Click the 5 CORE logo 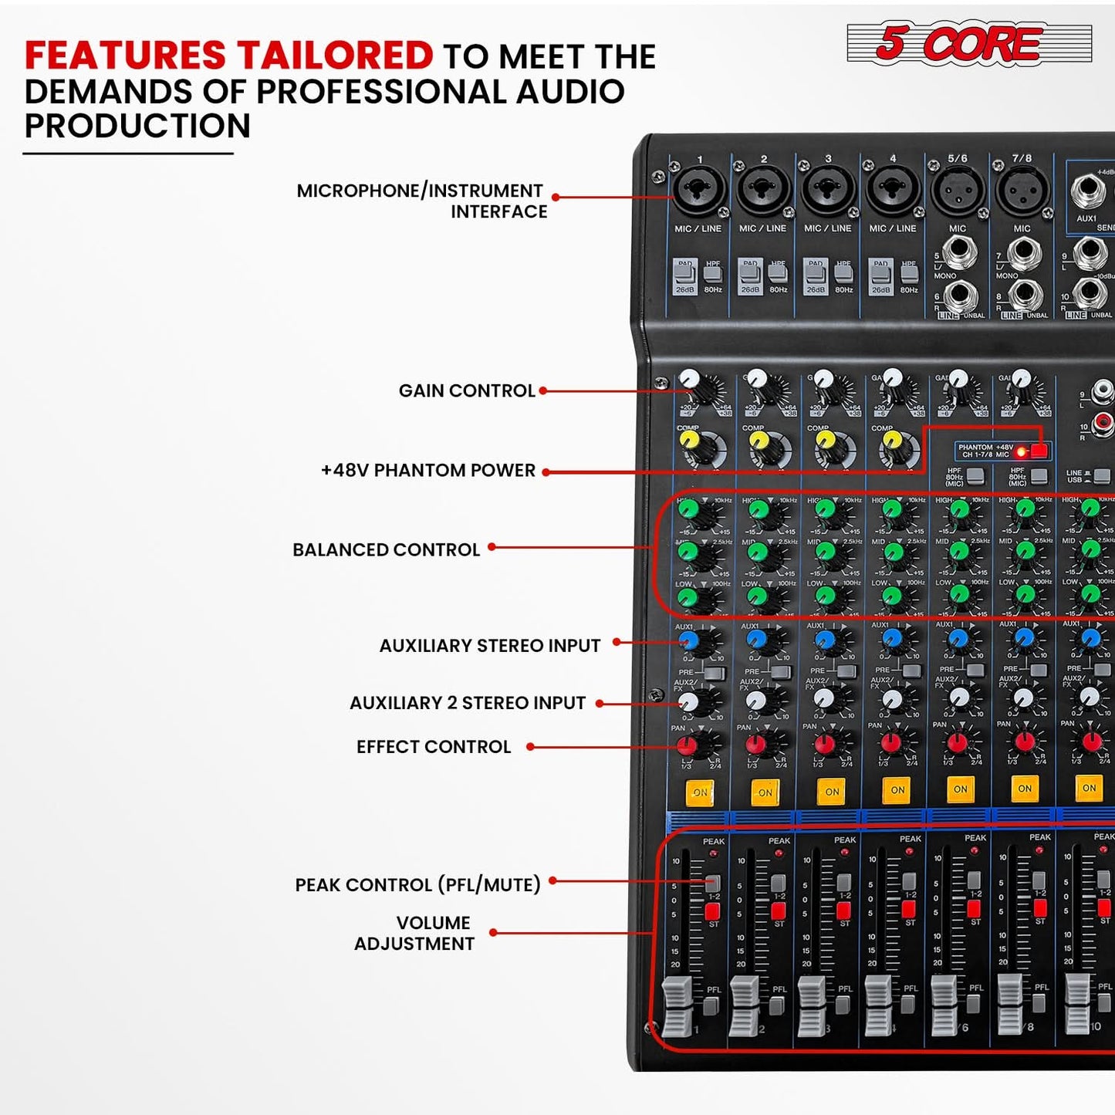[968, 42]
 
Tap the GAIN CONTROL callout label [467, 390]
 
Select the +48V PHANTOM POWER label [428, 470]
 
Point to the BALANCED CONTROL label [386, 549]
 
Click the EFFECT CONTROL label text [434, 747]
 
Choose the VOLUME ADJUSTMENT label [415, 933]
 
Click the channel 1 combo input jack [699, 191]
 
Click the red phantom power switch [1039, 451]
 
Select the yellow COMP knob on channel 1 [689, 440]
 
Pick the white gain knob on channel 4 [893, 378]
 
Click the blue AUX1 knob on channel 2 [756, 639]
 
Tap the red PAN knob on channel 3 [824, 744]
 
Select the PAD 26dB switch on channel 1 [684, 275]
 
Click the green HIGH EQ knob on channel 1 [688, 510]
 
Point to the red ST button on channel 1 [712, 911]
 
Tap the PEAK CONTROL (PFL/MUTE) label [417, 884]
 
